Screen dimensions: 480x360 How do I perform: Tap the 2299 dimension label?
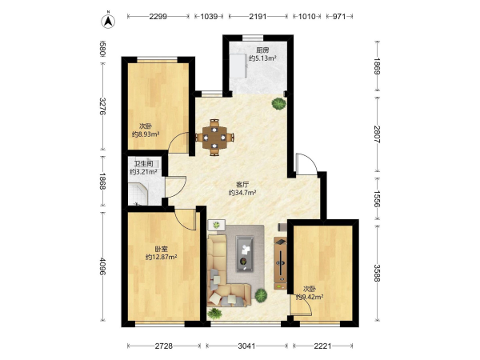(158, 16)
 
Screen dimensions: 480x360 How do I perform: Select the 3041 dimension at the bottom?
(246, 346)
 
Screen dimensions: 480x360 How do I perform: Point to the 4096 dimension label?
(102, 266)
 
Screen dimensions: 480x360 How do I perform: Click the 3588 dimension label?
(377, 273)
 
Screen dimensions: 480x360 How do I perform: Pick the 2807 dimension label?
(377, 134)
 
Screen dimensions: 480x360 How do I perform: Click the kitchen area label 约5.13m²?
(262, 58)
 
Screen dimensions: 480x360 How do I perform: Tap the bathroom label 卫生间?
(143, 163)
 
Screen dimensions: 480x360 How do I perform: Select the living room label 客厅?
(242, 185)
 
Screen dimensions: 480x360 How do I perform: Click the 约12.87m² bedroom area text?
(162, 257)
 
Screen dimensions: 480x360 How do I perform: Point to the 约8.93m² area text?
(146, 134)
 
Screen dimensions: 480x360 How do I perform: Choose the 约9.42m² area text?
(310, 297)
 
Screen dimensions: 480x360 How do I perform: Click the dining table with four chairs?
(214, 138)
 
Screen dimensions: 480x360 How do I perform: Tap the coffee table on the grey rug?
(245, 254)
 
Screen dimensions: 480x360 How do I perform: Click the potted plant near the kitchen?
(278, 103)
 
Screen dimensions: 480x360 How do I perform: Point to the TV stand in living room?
(281, 263)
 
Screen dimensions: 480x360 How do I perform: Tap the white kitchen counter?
(238, 66)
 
